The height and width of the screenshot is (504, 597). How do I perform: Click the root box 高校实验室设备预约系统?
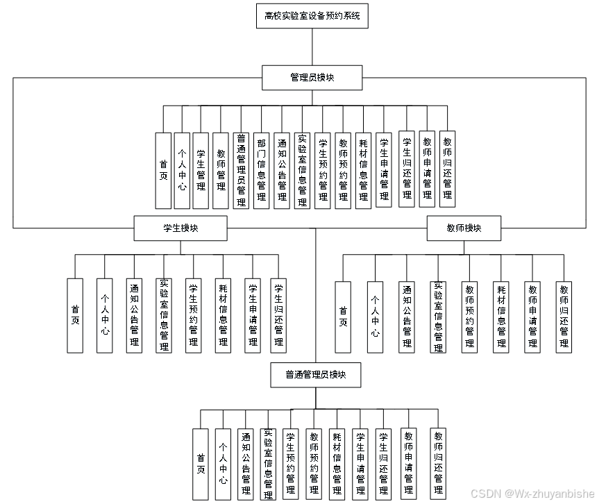(312, 16)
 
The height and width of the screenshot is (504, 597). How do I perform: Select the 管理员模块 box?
(312, 77)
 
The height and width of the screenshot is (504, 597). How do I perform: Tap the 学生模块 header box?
(180, 228)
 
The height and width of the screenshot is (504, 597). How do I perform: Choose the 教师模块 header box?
(464, 228)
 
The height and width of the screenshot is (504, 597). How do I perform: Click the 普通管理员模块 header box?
(315, 375)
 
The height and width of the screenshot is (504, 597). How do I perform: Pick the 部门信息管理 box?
(261, 170)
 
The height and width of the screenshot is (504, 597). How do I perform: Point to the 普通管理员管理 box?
(241, 170)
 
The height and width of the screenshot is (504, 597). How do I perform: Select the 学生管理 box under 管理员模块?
(201, 170)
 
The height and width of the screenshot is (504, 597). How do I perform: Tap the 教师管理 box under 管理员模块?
(221, 170)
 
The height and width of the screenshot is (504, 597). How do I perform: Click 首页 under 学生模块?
(75, 315)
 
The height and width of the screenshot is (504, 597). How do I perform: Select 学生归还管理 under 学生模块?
(278, 315)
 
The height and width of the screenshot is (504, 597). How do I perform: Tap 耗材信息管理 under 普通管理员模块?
(337, 464)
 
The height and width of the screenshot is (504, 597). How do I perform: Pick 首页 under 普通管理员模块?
(201, 464)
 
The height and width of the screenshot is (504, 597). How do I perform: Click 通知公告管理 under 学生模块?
(134, 315)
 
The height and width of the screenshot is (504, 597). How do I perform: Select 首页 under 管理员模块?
(163, 170)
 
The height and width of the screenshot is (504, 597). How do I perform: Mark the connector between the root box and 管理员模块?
(312, 47)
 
